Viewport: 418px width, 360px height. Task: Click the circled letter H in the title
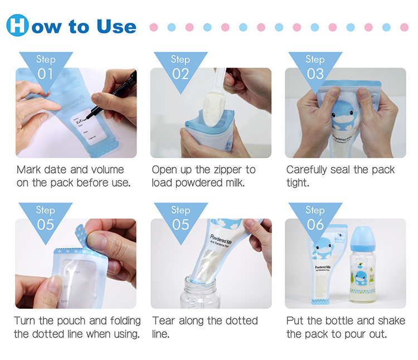pos(18,26)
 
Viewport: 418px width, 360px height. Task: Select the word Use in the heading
pos(111,26)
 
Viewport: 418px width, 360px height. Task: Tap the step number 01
pos(46,74)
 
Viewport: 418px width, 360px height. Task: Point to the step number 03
pos(315,74)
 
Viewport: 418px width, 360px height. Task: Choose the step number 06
pos(315,224)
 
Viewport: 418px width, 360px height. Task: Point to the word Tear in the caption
pos(166,320)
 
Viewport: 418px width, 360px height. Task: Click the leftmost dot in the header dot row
pos(154,27)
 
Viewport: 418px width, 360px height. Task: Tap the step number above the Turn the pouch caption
pos(46,224)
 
